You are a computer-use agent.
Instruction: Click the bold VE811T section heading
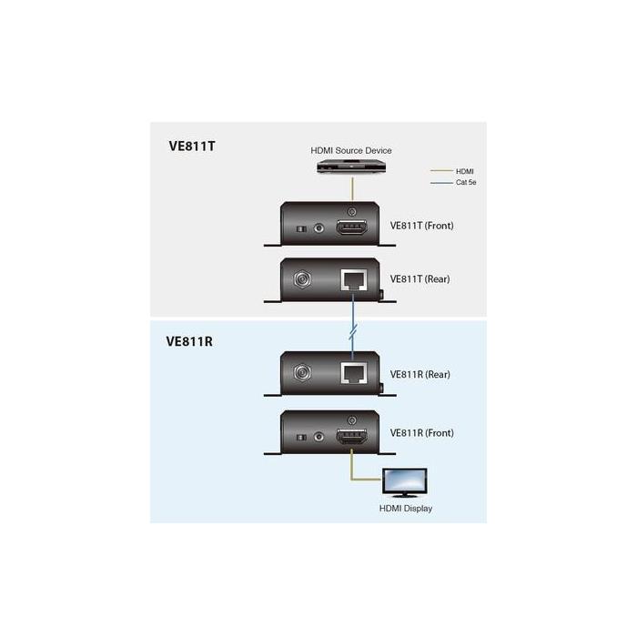(x=192, y=147)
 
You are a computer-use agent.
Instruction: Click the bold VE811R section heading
(x=189, y=341)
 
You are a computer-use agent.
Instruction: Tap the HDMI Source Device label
(x=351, y=150)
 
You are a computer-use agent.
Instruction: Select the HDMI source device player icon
(x=351, y=167)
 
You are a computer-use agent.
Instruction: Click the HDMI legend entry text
(x=465, y=171)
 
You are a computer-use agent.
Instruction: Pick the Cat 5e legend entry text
(x=466, y=182)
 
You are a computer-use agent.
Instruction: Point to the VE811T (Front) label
(x=421, y=226)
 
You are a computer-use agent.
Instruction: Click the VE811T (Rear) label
(x=420, y=279)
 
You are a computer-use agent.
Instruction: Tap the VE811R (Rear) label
(x=420, y=374)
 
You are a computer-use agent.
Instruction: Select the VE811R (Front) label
(x=421, y=432)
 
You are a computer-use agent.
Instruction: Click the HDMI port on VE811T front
(x=352, y=227)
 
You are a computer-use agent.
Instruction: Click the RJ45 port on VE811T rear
(x=353, y=280)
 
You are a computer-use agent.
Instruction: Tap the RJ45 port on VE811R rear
(x=353, y=373)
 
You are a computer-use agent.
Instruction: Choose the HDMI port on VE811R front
(x=352, y=437)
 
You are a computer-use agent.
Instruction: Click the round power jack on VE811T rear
(x=302, y=279)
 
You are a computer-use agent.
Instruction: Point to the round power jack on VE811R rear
(x=302, y=372)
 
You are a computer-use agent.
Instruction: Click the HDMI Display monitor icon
(x=405, y=482)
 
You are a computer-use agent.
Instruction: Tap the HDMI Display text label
(x=406, y=508)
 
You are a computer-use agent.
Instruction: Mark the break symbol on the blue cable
(x=353, y=331)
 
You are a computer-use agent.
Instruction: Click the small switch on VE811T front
(x=301, y=229)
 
